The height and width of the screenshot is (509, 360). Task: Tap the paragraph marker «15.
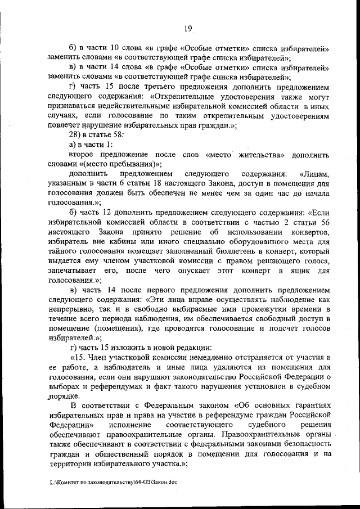coord(79,358)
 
